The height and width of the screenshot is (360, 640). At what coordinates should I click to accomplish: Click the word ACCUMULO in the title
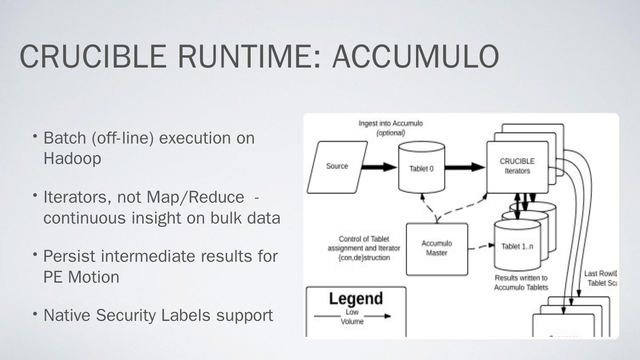tap(415, 56)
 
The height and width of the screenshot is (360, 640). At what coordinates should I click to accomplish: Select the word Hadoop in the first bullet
tap(72, 158)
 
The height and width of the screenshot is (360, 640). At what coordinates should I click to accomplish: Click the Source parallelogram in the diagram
tap(337, 167)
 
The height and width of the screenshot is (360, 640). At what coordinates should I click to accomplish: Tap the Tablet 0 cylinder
tap(421, 169)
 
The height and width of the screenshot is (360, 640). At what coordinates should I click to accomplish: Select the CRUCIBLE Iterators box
tap(517, 166)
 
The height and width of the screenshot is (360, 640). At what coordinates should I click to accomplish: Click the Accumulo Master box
tap(436, 248)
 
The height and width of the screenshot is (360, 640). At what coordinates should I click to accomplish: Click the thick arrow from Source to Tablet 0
tap(379, 167)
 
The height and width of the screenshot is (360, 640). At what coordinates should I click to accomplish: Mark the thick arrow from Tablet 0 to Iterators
tap(464, 167)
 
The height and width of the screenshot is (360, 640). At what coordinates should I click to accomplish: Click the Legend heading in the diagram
tap(356, 298)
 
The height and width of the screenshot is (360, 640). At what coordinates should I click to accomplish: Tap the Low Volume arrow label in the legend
tap(352, 316)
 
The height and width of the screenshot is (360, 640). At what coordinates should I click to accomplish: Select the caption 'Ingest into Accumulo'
tap(391, 124)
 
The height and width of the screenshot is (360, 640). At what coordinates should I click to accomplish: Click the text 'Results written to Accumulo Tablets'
tap(521, 283)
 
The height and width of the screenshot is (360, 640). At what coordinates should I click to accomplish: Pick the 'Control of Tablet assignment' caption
tap(364, 248)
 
